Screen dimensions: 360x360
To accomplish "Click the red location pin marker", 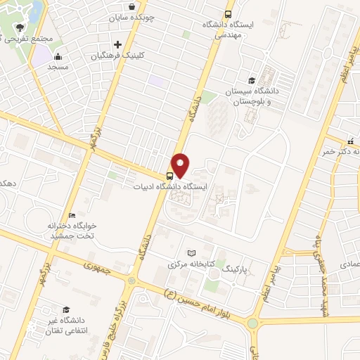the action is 181,165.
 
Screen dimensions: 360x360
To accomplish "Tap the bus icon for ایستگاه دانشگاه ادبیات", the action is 169,176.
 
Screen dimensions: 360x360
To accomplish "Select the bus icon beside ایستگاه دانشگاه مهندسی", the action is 228,14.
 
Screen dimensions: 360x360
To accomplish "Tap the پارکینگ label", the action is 236,269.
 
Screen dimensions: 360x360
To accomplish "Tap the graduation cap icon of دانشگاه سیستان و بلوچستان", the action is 252,80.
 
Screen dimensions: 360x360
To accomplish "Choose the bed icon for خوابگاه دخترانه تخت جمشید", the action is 72,215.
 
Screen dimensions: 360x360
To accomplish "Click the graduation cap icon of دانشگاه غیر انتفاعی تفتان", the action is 65,309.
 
